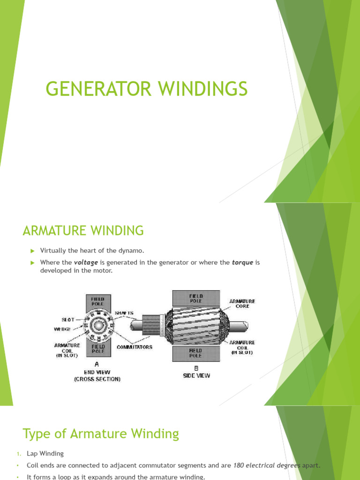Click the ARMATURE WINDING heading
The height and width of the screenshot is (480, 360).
click(83, 231)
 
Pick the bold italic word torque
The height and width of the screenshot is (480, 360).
click(242, 262)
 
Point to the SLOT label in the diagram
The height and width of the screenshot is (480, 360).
click(68, 319)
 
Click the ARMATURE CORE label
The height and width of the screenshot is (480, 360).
click(242, 303)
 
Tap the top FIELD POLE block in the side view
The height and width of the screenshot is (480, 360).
click(196, 299)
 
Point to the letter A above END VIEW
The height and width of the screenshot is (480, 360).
click(97, 364)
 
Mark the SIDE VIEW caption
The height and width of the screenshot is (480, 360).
click(196, 375)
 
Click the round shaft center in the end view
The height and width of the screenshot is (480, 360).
click(98, 324)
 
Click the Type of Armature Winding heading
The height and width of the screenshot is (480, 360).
click(101, 434)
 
